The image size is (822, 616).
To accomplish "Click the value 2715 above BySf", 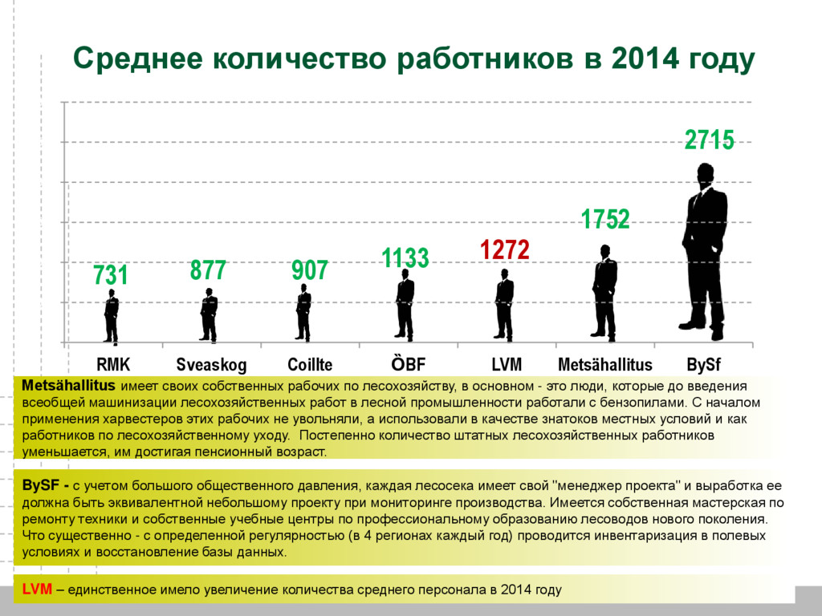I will pos(709,140).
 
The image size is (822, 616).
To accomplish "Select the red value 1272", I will pos(505,250).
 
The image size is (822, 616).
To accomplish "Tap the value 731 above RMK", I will pos(111,275).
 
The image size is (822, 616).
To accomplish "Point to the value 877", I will pos(208,270).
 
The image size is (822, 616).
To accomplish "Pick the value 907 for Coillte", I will pos(310,270).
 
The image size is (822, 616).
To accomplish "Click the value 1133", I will pos(405,258).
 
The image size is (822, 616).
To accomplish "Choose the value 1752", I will pos(605,219).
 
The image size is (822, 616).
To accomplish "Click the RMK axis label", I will pos(113,365).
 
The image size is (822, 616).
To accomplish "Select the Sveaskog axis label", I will pos(211,366).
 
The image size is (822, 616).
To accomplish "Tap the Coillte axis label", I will pos(310,365).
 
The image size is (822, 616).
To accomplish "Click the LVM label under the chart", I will pos(507,365).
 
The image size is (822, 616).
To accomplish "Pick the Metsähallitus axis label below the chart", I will pos(605,366).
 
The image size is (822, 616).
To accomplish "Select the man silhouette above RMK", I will pos(112,316).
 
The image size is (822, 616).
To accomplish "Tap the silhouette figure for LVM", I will pos(504,305).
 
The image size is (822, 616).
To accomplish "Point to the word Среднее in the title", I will pos(136,59).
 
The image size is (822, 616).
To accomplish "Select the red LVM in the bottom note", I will pos(37,590).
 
